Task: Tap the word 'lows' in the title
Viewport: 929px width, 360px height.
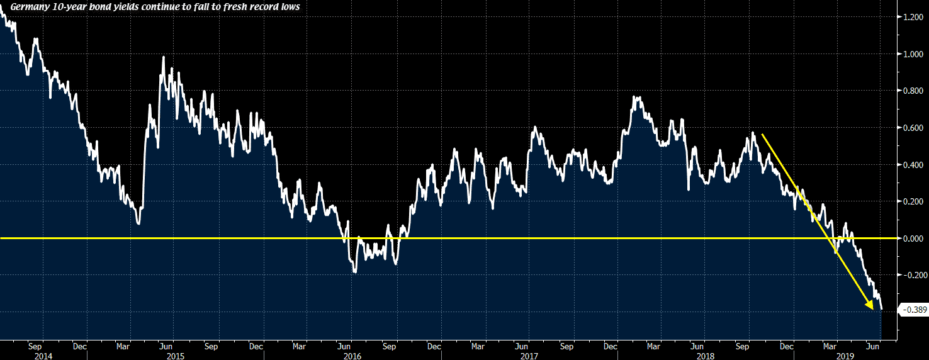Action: (x=290, y=8)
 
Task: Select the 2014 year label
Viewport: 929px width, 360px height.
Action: (x=43, y=356)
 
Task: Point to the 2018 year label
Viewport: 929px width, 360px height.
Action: (x=705, y=356)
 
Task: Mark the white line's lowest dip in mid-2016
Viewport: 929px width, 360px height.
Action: (x=356, y=273)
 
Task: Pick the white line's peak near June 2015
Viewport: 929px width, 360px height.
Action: (x=164, y=57)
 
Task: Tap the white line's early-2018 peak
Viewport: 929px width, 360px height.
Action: (x=636, y=97)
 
